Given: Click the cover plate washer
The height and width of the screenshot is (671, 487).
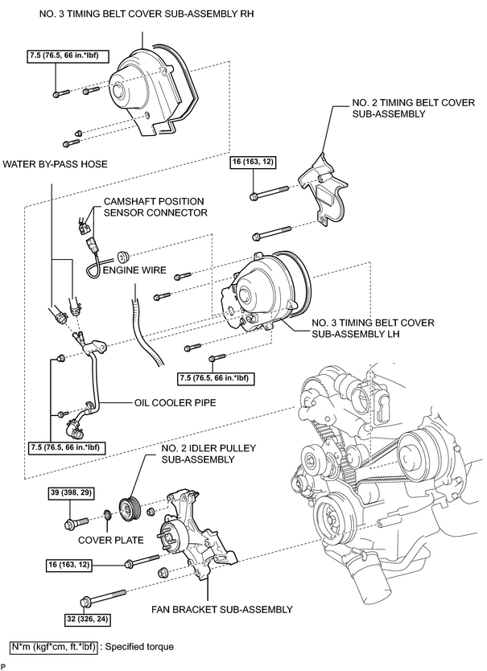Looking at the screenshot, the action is point(108,514).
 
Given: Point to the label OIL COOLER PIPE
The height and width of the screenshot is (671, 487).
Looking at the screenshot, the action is point(175,403).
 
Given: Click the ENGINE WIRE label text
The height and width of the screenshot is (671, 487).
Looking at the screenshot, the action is point(134,270).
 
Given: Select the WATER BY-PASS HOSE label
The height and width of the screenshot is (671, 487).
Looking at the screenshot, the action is point(56,164).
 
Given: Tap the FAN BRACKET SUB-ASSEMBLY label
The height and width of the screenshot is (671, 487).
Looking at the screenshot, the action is point(222,609).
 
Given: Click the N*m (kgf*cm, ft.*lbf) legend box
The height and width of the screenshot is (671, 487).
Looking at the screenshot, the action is point(54,647).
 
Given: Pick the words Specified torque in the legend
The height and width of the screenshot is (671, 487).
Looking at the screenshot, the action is point(139,647).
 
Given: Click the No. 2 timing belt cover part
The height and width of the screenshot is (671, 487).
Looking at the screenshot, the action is point(324,187).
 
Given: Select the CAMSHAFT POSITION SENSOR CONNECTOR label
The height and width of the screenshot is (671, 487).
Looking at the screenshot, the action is point(155,207).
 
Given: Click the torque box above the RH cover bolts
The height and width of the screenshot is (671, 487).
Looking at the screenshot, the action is point(66,56).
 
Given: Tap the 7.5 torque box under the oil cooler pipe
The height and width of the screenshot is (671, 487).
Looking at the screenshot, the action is point(66,447).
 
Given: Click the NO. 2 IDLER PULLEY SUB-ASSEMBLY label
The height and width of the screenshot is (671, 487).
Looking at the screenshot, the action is point(208,454).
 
